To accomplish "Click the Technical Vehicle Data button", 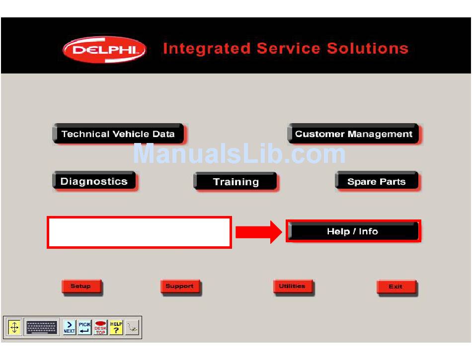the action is click(118, 134).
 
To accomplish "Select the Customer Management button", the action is click(353, 134).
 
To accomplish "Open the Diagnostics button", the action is click(94, 181).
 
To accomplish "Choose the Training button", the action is click(235, 182).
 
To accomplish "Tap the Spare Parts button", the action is click(377, 182).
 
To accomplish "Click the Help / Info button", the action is click(353, 231).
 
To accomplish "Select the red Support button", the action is click(180, 287).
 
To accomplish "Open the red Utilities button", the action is click(292, 287).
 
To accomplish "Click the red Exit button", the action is click(395, 287).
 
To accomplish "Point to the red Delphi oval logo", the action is click(104, 50).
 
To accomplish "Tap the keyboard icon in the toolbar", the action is click(42, 327).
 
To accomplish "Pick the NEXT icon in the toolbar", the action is click(70, 327).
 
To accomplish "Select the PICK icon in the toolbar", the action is click(84, 327).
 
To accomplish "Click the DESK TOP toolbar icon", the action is click(100, 327).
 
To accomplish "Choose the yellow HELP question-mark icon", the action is click(116, 327).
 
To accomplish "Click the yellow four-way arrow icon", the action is click(14, 327).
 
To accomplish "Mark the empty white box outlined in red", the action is click(139, 232).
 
